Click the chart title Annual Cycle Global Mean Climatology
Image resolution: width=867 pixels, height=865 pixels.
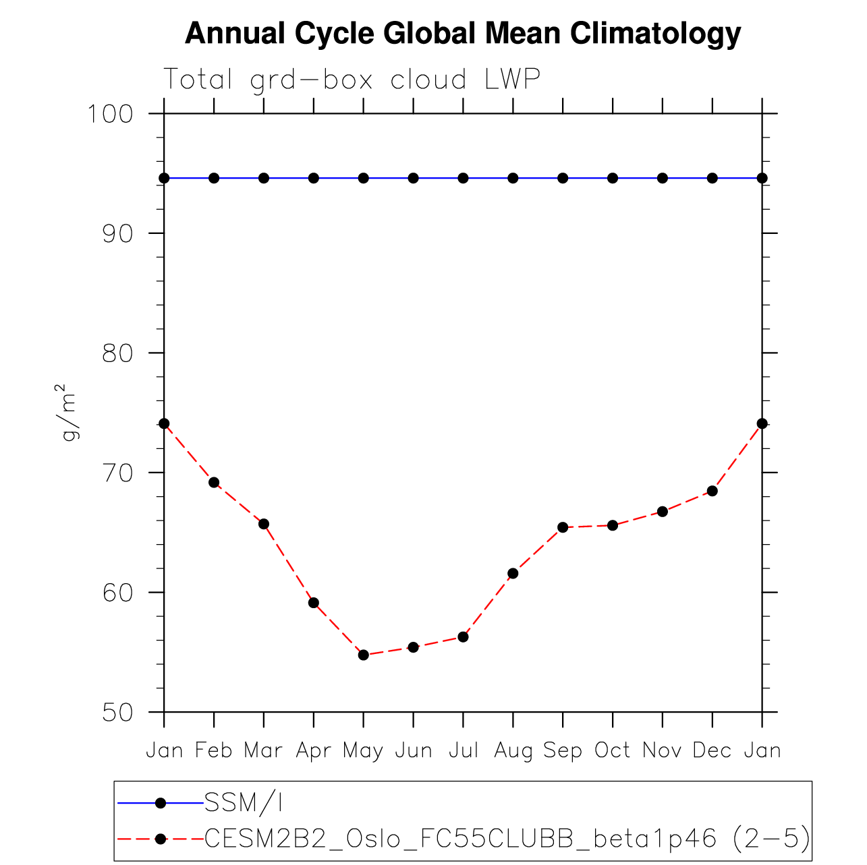pos(463,34)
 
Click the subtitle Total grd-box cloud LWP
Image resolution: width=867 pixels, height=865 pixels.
pos(352,80)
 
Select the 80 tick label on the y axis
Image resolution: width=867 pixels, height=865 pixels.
pos(117,353)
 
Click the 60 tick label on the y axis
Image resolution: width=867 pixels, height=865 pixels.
pos(117,592)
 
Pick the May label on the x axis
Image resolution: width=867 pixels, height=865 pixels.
pos(363,750)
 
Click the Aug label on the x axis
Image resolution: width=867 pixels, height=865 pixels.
pos(513,750)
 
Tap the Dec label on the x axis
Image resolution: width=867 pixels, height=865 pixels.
pos(712,750)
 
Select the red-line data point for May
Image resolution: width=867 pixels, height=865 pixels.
pos(364,655)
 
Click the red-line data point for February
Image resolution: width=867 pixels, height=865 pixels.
pos(214,482)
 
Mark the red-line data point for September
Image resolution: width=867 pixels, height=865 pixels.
pos(563,527)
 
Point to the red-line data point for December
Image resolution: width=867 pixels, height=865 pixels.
pos(712,491)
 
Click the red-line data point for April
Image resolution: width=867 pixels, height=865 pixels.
pos(314,603)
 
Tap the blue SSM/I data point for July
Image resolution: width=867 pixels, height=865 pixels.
pos(463,178)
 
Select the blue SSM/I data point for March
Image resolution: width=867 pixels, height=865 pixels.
pos(264,178)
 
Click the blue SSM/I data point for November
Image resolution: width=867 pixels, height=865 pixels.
pos(663,178)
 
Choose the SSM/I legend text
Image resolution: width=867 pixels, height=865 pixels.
pos(244,802)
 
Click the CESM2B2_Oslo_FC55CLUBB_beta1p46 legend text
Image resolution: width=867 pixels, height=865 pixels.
pos(459,839)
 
